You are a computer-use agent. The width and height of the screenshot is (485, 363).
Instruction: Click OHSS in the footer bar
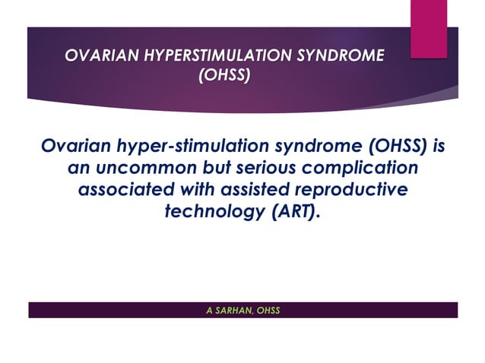point(268,310)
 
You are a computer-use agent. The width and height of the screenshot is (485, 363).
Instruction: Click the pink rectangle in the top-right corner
point(428,27)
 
